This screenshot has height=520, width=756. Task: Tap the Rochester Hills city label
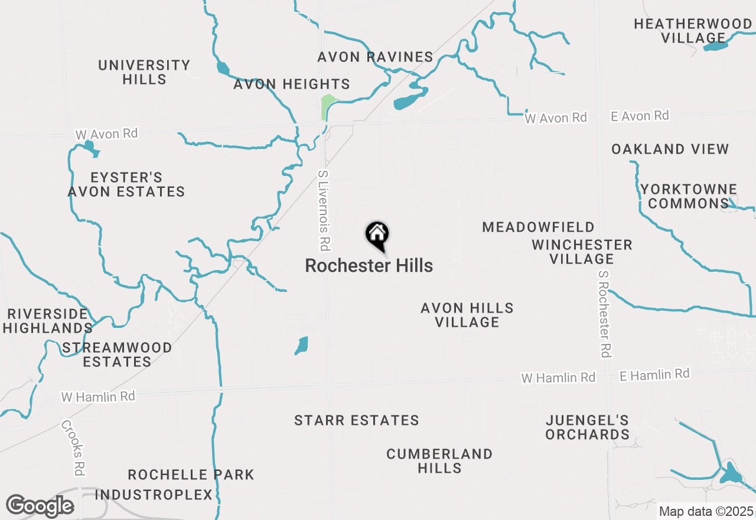click(x=369, y=266)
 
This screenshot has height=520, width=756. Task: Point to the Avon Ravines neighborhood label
click(x=375, y=57)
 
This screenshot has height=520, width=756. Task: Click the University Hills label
click(x=144, y=72)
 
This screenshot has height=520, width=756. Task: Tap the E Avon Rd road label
click(x=640, y=116)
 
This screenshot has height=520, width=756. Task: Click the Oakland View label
click(x=670, y=149)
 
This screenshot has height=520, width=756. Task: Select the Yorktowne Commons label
click(x=689, y=197)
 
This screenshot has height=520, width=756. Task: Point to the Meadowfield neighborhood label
click(x=538, y=227)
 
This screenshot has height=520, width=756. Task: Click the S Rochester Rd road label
click(x=604, y=314)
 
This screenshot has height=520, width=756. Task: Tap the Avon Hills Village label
click(x=467, y=315)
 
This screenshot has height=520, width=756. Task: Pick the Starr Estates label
click(x=357, y=421)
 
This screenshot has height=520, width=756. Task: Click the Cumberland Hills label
click(x=439, y=461)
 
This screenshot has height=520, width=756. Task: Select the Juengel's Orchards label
click(x=587, y=427)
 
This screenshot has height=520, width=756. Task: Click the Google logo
click(x=40, y=506)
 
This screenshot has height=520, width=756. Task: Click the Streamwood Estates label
click(x=117, y=355)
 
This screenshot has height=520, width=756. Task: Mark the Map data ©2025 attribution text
click(x=706, y=511)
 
